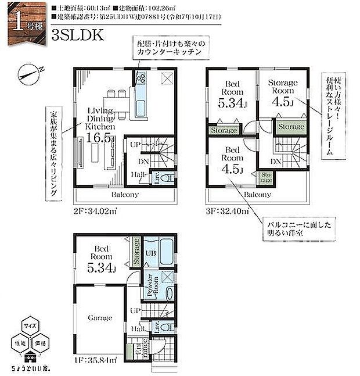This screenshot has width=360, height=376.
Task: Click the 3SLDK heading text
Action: point(78,35)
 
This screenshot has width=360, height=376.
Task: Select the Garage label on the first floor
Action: point(100,318)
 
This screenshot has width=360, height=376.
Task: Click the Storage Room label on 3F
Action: point(282,87)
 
